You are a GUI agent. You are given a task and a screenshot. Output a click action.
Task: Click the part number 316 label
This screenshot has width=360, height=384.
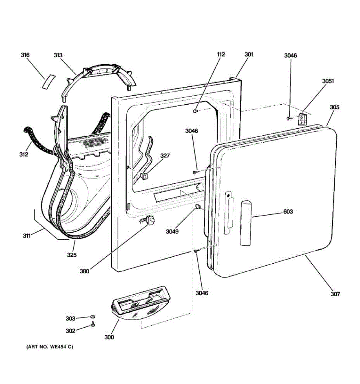[25, 55]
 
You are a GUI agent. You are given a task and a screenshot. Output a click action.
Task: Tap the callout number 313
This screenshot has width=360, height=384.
[58, 55]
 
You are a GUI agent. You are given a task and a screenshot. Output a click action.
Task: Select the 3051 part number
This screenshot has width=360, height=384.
[328, 81]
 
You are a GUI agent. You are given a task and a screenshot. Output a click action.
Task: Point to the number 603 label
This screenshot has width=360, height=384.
[288, 212]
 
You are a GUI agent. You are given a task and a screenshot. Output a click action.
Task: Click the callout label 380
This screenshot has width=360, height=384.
[84, 271]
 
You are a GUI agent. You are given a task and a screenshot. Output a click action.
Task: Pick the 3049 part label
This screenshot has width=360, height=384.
[172, 231]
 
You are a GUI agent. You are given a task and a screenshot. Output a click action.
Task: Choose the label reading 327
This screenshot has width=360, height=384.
[165, 156]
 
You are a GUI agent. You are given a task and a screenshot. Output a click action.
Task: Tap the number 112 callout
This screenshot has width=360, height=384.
[221, 54]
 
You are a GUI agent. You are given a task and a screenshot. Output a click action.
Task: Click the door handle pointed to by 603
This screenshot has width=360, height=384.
[246, 223]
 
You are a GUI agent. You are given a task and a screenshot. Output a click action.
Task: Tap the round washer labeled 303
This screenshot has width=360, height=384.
[92, 317]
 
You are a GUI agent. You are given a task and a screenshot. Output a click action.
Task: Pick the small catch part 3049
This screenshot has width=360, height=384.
[198, 207]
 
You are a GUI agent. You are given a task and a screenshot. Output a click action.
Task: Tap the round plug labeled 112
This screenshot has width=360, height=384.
[195, 111]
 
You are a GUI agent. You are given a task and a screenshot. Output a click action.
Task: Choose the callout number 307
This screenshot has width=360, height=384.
[335, 294]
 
